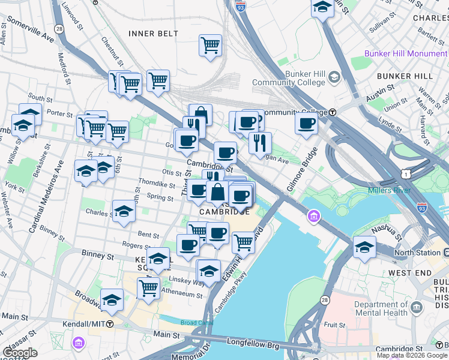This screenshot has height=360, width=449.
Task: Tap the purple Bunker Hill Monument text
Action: (406, 53)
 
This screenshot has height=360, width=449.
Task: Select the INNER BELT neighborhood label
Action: (153, 33)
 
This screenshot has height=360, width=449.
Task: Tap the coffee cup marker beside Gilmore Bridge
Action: (306, 124)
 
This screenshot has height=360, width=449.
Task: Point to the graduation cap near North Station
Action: (364, 247)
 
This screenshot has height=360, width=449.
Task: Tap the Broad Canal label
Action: (196, 323)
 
